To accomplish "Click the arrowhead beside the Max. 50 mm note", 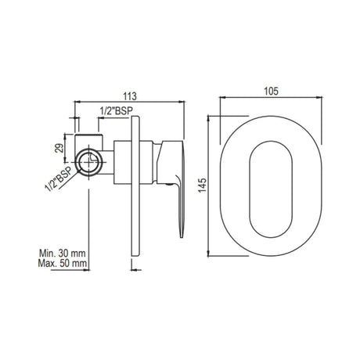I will click(x=123, y=259).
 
